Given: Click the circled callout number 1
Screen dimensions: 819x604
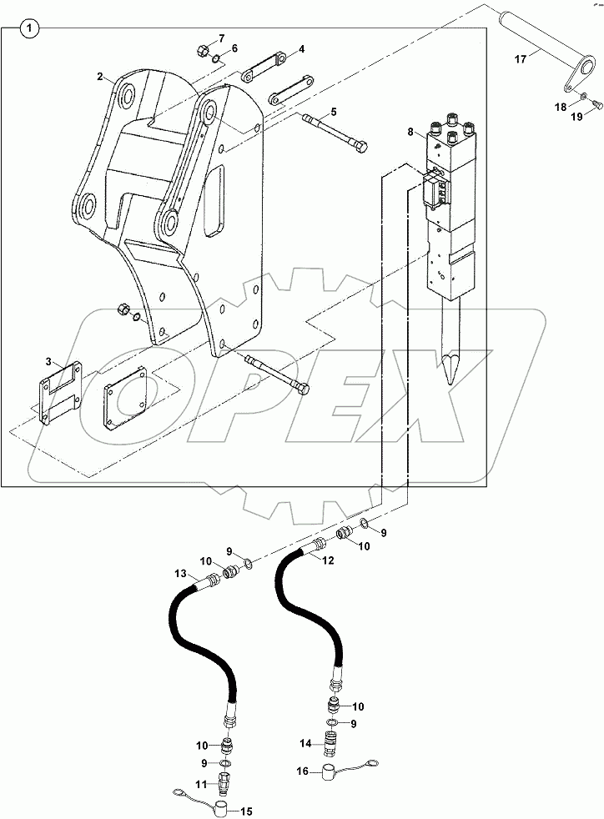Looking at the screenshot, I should pyautogui.click(x=30, y=29).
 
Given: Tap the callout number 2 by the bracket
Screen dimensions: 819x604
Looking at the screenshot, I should pyautogui.click(x=100, y=76).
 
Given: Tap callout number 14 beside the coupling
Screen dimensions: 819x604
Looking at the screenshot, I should pyautogui.click(x=306, y=741).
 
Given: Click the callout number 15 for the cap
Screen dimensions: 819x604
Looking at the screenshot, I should pyautogui.click(x=247, y=811).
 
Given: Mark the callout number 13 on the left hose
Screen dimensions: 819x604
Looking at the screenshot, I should pyautogui.click(x=179, y=574).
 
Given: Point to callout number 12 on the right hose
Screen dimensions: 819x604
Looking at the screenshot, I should pyautogui.click(x=328, y=560).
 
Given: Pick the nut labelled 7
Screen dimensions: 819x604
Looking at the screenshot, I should pyautogui.click(x=204, y=51).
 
